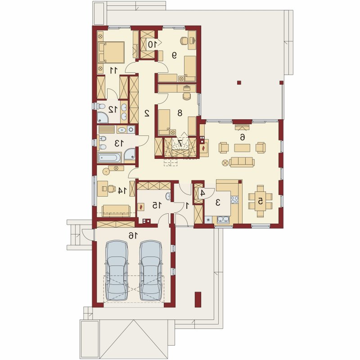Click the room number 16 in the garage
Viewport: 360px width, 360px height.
coord(133,235)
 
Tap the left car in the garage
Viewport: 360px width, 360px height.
coord(116,270)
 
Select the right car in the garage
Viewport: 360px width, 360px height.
coord(151,270)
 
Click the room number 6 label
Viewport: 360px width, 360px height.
coord(242,137)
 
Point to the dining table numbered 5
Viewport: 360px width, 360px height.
coord(260,201)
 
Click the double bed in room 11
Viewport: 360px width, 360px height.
coord(111,52)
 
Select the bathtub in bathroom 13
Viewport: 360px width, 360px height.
coord(109,158)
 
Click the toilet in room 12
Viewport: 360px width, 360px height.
coord(99,106)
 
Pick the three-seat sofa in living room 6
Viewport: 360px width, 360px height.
coord(242,162)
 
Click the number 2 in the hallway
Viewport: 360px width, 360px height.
coord(147,113)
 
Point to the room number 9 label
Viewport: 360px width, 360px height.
coord(175,55)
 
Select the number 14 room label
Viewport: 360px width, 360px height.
coord(122,190)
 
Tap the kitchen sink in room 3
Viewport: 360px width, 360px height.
coord(223,220)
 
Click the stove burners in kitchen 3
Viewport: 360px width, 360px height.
coord(234,200)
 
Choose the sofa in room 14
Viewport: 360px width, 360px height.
coord(116,211)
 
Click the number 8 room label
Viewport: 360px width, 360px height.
coord(180,113)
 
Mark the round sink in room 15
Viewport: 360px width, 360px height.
coord(168,196)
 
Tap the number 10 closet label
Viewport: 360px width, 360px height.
coord(152,44)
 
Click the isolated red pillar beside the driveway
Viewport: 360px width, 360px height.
coord(198,299)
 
